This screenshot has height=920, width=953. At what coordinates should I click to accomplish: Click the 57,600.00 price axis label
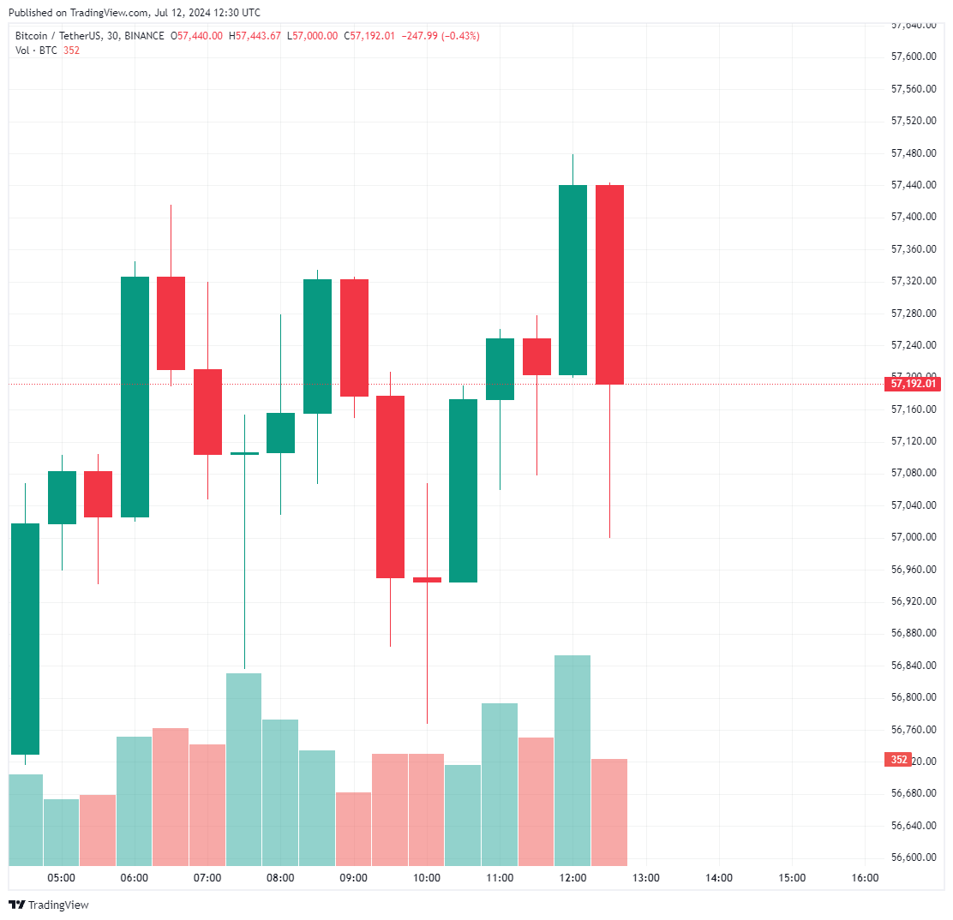point(913,57)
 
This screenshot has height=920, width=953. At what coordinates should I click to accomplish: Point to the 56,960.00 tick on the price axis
point(913,569)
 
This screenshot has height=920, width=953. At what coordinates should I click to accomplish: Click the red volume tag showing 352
point(899,760)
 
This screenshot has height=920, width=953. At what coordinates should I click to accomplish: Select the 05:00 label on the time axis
point(62,878)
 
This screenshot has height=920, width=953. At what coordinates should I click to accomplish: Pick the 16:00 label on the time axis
point(865,878)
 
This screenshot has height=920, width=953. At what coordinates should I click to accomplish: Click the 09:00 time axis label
point(354,878)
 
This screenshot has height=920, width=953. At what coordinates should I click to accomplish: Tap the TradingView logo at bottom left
point(49,905)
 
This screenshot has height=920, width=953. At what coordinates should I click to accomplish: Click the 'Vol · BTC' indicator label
point(36,50)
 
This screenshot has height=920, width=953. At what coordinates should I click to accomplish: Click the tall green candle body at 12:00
point(572,280)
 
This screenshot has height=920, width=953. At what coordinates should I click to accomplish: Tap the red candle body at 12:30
point(609,284)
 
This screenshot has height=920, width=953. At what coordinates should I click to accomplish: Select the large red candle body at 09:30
point(390,487)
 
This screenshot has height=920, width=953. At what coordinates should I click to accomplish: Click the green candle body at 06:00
point(135,397)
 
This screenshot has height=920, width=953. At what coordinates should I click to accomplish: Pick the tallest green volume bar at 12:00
point(572,760)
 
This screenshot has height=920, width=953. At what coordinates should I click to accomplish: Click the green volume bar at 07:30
point(244,769)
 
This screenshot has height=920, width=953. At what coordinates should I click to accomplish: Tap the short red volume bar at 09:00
point(354,828)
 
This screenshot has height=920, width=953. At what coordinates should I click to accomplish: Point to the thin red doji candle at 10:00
point(427,580)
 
